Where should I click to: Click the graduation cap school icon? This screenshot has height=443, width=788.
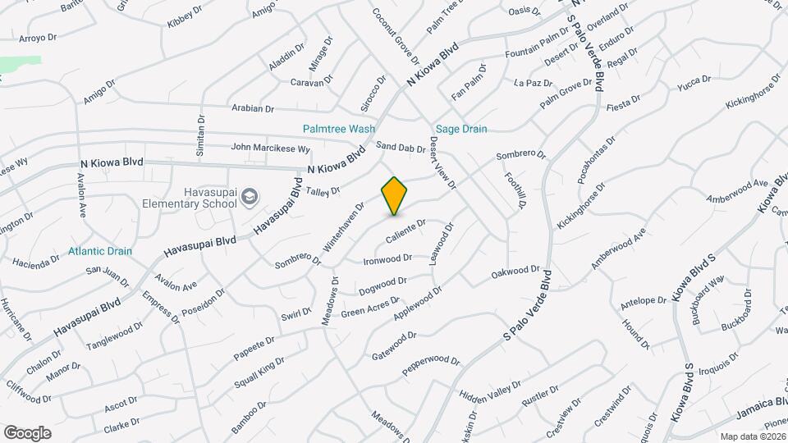coord(250,197)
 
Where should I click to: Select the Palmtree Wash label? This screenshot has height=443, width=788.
coord(338,129)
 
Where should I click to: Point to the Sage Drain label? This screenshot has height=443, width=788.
coord(460,129)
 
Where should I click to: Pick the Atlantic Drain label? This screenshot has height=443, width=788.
coord(100,251)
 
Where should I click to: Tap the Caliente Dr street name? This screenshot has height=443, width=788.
coord(406,229)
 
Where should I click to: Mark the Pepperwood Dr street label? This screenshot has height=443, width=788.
coord(431,366)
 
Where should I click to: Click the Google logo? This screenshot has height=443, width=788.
coord(27,432)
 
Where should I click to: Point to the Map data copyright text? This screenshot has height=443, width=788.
coord(753,436)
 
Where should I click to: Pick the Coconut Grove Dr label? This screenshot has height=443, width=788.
coord(395,37)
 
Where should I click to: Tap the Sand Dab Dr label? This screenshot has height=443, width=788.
coord(401,148)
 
